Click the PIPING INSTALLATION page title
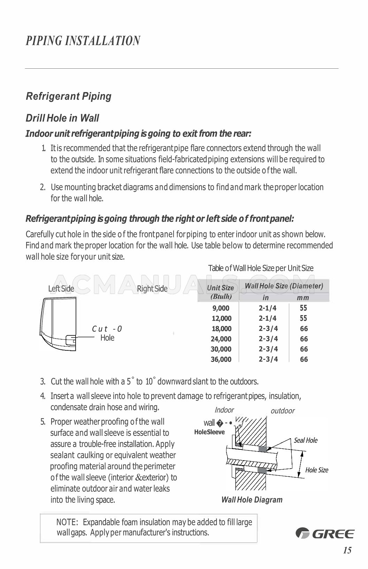83,41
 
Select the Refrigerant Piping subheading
69,96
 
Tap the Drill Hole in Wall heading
62,118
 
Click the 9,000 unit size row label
221,308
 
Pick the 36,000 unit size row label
221,359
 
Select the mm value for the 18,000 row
304,328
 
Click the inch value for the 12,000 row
268,318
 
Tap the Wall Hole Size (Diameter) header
284,286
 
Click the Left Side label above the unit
61,288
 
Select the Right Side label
152,288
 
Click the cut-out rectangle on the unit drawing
71,340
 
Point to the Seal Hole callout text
306,440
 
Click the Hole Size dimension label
317,470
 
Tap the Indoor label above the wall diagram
224,410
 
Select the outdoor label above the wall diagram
283,411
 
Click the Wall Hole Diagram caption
252,500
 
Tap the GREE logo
325,533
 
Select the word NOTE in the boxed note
67,522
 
